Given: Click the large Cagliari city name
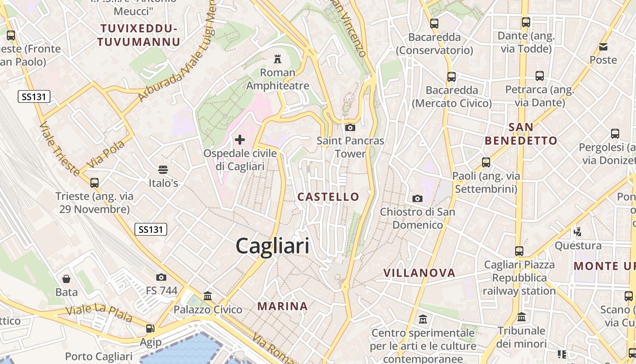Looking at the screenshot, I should (x=273, y=246).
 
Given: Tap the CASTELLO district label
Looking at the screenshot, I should (x=328, y=197).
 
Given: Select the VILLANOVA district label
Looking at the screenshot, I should (x=419, y=273).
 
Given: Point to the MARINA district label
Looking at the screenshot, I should (x=283, y=306).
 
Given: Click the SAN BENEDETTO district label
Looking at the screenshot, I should (x=521, y=134).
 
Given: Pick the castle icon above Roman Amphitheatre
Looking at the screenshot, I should (x=277, y=59).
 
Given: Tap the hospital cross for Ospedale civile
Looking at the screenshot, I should (x=240, y=140).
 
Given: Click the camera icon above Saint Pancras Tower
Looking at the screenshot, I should (x=350, y=127).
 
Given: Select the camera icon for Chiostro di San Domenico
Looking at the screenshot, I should (x=417, y=198).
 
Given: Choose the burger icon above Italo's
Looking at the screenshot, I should (x=163, y=170).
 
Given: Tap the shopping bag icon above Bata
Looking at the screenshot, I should (x=66, y=278).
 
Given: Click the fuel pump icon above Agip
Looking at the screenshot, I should (x=150, y=329).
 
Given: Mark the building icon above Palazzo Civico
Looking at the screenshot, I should (x=208, y=296).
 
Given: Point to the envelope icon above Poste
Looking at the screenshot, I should (x=603, y=46).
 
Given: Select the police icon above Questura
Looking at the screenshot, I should (x=578, y=232).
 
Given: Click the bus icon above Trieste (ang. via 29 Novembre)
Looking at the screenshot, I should (x=94, y=182).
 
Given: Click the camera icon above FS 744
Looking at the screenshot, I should (x=161, y=277).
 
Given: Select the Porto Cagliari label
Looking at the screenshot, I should (x=99, y=356).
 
